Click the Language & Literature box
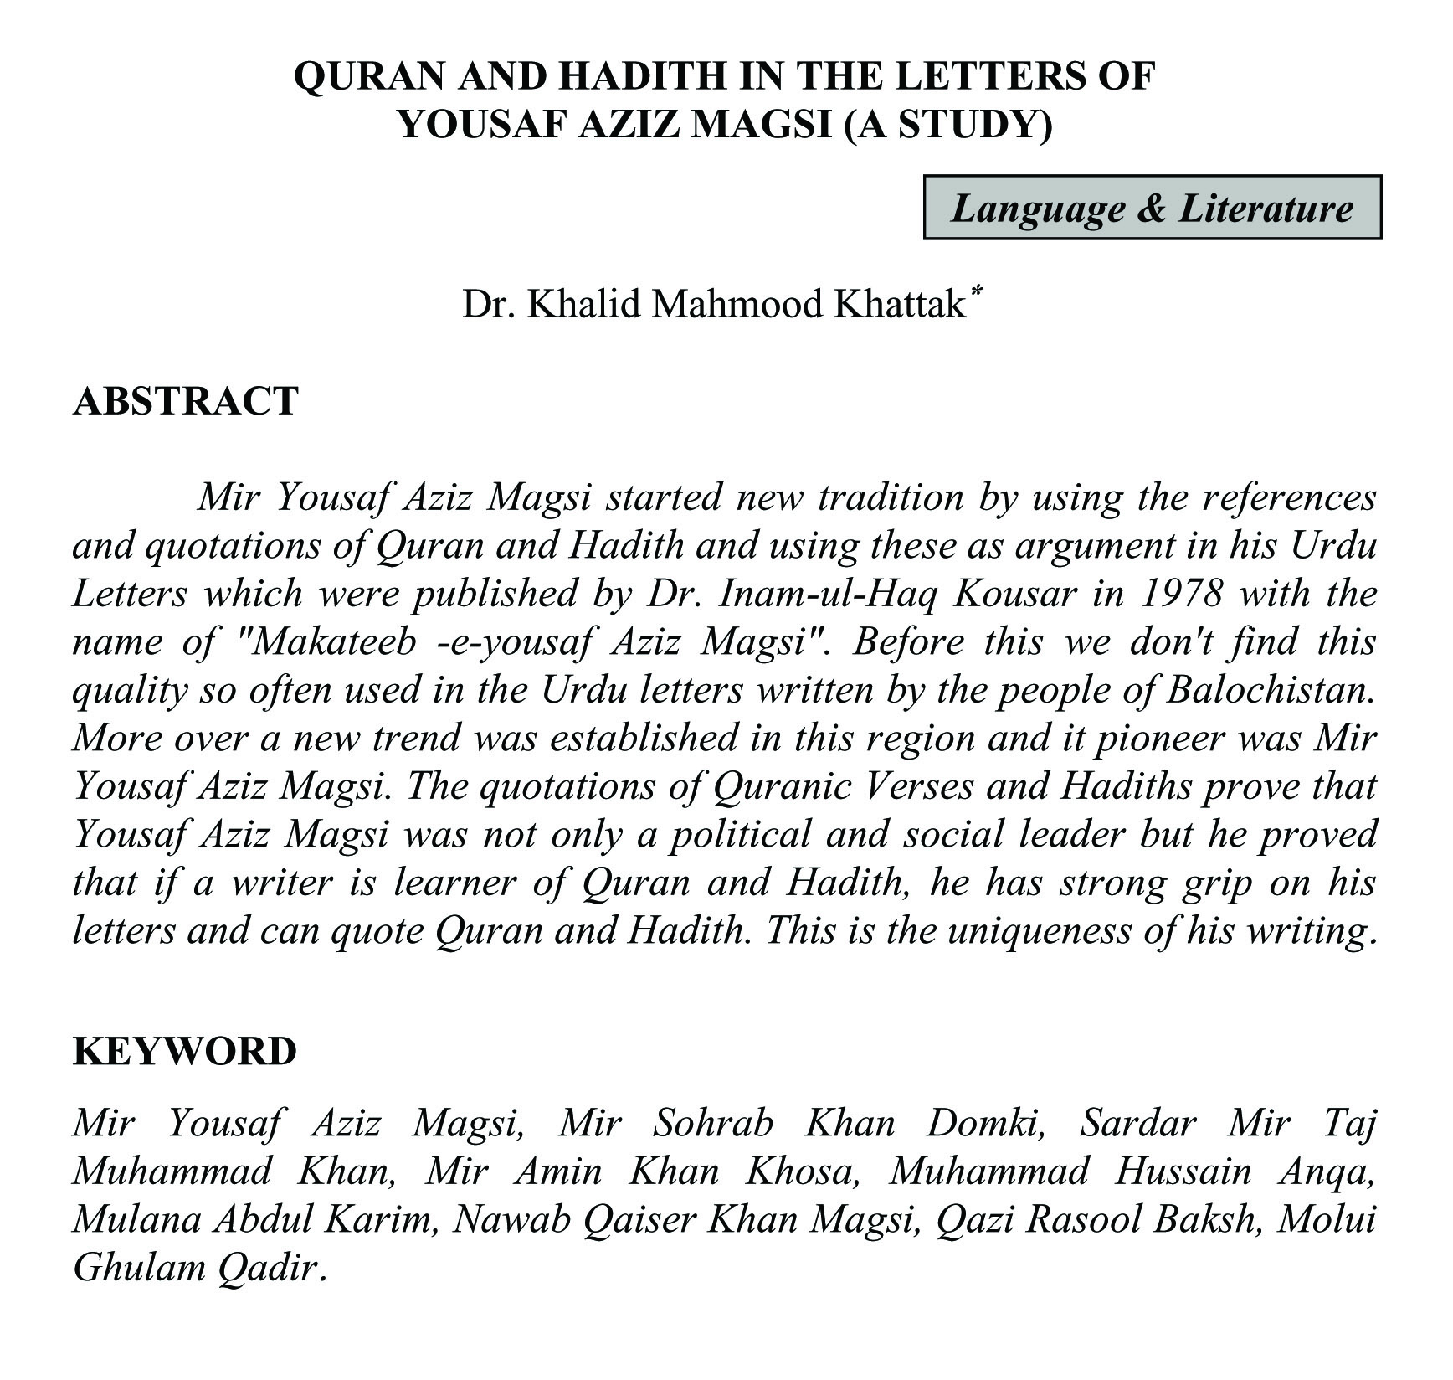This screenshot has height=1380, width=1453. [1152, 208]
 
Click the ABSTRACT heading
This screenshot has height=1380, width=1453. [186, 401]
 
